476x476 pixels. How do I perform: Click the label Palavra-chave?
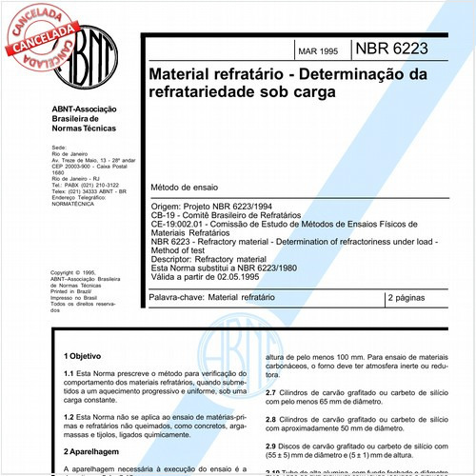point(178,298)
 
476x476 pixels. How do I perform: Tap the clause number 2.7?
point(270,392)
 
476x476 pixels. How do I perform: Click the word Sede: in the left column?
point(58,149)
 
